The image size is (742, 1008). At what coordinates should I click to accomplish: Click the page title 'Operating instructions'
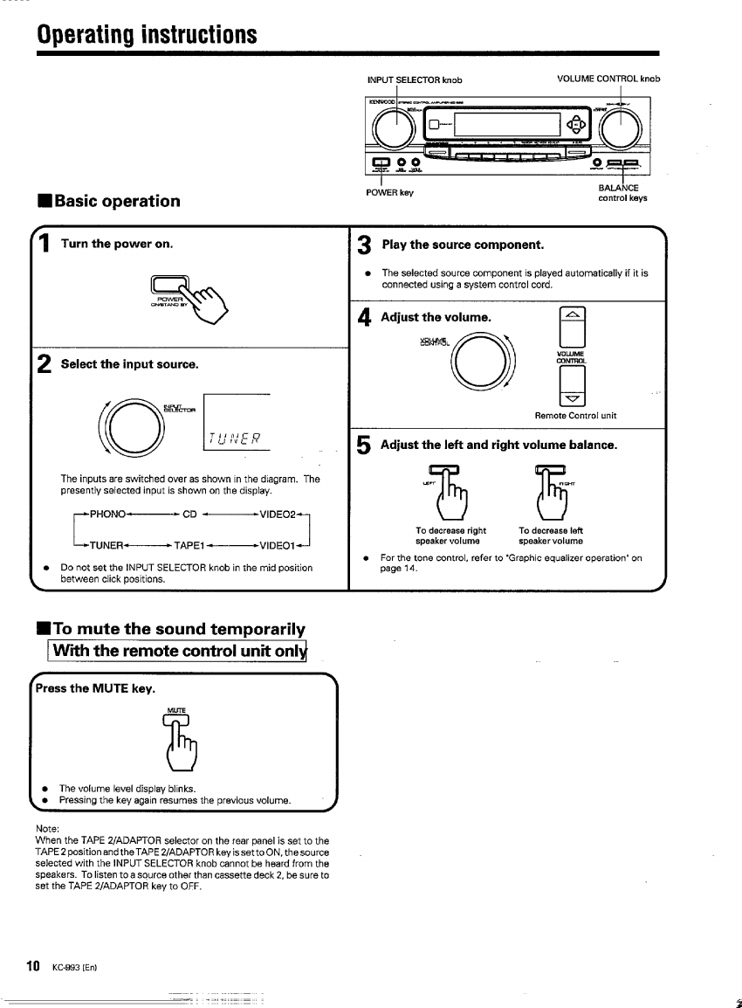[147, 35]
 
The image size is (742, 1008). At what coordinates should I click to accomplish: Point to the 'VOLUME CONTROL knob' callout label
[608, 79]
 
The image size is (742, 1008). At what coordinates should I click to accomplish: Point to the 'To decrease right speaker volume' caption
[450, 535]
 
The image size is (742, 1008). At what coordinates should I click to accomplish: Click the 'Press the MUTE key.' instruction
[94, 689]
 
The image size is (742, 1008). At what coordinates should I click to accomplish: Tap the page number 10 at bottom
[34, 965]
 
